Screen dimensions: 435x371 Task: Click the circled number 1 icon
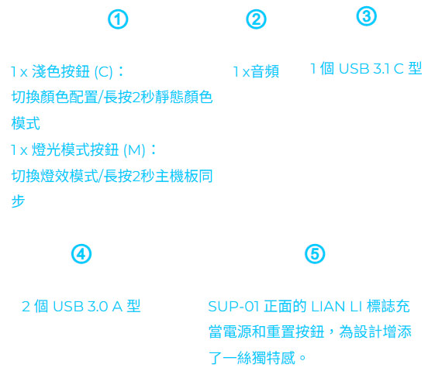tap(118, 19)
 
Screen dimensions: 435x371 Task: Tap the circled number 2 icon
tap(256, 19)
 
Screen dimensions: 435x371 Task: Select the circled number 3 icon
tap(367, 16)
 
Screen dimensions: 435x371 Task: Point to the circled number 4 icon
tap(81, 254)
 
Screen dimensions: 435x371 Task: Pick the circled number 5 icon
tap(315, 254)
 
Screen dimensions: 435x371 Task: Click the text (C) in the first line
tap(104, 72)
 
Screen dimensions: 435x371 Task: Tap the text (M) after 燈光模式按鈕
tap(134, 150)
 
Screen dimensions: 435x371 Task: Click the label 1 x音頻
tap(256, 71)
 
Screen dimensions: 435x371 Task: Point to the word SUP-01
tap(233, 307)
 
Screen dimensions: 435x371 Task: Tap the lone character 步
tap(19, 201)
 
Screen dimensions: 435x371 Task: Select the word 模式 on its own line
tap(26, 123)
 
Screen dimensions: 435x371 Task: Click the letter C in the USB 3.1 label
tap(399, 68)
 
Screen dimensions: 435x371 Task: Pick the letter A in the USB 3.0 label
tap(117, 307)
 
